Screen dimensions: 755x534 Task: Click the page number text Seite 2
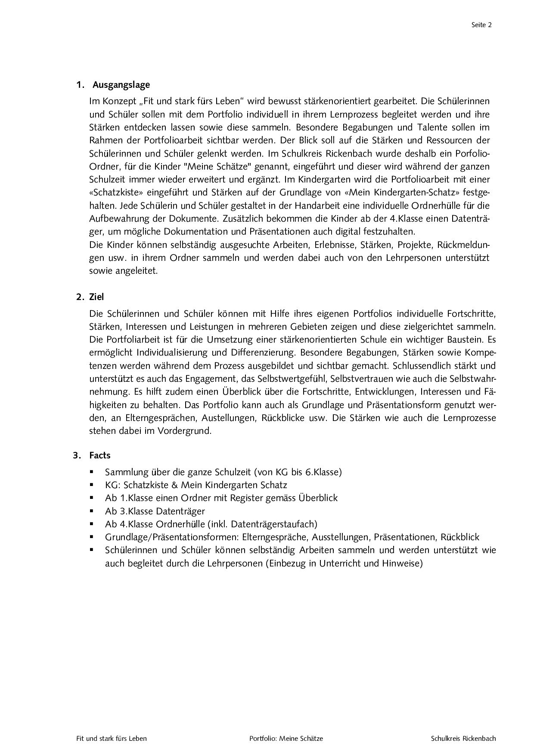coord(481,25)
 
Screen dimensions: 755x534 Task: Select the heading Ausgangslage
coord(121,84)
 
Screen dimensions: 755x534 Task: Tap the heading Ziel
coord(96,297)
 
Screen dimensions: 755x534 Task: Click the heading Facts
coord(100,455)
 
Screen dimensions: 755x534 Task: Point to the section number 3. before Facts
coord(77,455)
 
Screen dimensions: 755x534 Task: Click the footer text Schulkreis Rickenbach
coord(463,738)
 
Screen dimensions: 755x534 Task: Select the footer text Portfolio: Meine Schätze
coord(286,738)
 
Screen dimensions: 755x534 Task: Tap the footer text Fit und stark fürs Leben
coord(112,738)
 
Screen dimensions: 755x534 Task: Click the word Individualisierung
coord(173,353)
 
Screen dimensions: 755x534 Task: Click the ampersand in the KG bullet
coord(174,485)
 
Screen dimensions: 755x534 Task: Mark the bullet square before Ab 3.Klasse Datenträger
coord(92,511)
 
